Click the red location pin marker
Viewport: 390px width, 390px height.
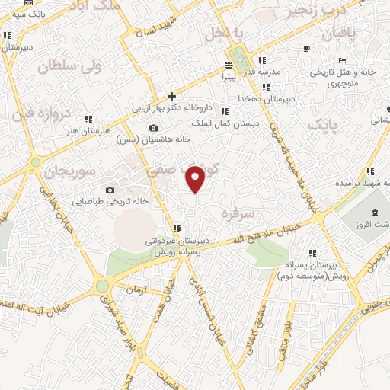pos(197,178)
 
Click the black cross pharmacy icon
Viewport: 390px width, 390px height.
pos(172,96)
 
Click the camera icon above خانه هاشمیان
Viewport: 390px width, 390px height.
pos(155,126)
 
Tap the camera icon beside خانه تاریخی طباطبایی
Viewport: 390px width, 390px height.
pos(110,190)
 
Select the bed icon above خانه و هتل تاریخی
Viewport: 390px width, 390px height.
pos(343,60)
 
